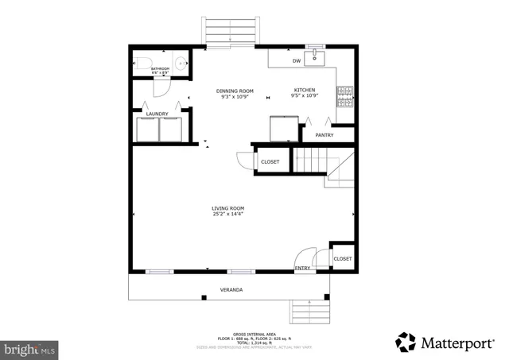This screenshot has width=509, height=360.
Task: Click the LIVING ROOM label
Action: pyautogui.click(x=227, y=208)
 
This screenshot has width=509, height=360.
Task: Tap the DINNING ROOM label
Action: pyautogui.click(x=235, y=91)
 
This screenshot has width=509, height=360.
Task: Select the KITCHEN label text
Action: pyautogui.click(x=305, y=91)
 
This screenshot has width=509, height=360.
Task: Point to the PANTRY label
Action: pyautogui.click(x=324, y=135)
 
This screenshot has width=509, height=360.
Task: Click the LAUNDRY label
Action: pyautogui.click(x=157, y=114)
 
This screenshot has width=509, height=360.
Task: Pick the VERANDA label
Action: pyautogui.click(x=231, y=289)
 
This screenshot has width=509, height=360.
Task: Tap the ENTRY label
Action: pyautogui.click(x=302, y=269)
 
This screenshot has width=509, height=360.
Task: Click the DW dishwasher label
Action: pyautogui.click(x=296, y=60)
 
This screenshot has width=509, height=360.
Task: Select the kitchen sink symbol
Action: pyautogui.click(x=317, y=56)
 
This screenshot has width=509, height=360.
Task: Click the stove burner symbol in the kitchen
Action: pyautogui.click(x=345, y=97)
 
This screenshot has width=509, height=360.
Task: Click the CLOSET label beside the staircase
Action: pyautogui.click(x=270, y=162)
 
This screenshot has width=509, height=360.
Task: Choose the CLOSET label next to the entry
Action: pyautogui.click(x=343, y=259)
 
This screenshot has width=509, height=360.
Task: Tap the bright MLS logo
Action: pyautogui.click(x=30, y=348)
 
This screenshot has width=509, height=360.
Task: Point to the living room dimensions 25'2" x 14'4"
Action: pyautogui.click(x=227, y=214)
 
